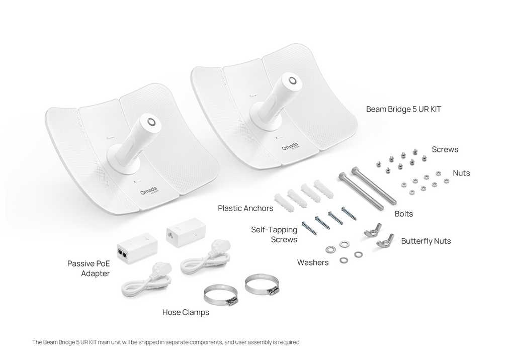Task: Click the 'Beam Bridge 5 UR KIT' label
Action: coord(403,109)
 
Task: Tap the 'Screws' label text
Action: coord(445,149)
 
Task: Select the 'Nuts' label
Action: coord(461,173)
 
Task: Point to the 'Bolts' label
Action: coord(404,214)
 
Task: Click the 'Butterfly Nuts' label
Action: coord(426,241)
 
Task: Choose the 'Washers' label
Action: coord(313,262)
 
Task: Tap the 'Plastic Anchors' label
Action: coord(245,208)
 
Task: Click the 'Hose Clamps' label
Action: coord(186,312)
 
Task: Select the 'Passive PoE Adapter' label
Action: coord(89,268)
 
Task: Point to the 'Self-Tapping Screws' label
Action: coord(274,234)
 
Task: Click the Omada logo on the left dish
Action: coord(149,191)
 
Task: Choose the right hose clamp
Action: coord(262,285)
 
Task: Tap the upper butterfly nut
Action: coord(373,230)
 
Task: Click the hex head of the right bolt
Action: coord(356,171)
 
